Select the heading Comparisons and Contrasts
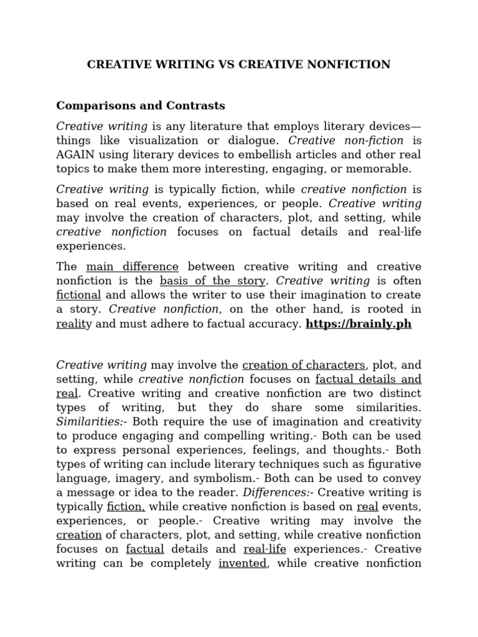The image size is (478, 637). tap(141, 105)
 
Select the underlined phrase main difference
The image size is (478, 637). tap(132, 267)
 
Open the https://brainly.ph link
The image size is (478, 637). tap(358, 324)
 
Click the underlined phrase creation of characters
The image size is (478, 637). tap(304, 365)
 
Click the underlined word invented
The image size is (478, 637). tap(243, 563)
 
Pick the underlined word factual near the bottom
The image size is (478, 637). tap(144, 549)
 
